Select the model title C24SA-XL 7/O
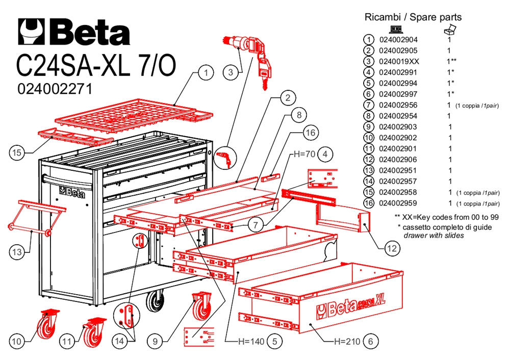click(x=96, y=66)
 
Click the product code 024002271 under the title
click(x=55, y=89)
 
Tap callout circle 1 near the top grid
click(x=206, y=73)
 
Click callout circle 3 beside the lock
click(x=231, y=72)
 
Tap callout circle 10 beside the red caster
click(x=17, y=341)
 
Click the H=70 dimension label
click(x=303, y=153)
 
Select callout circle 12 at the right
click(x=391, y=248)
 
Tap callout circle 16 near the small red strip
click(x=310, y=133)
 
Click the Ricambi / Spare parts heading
click(x=413, y=17)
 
